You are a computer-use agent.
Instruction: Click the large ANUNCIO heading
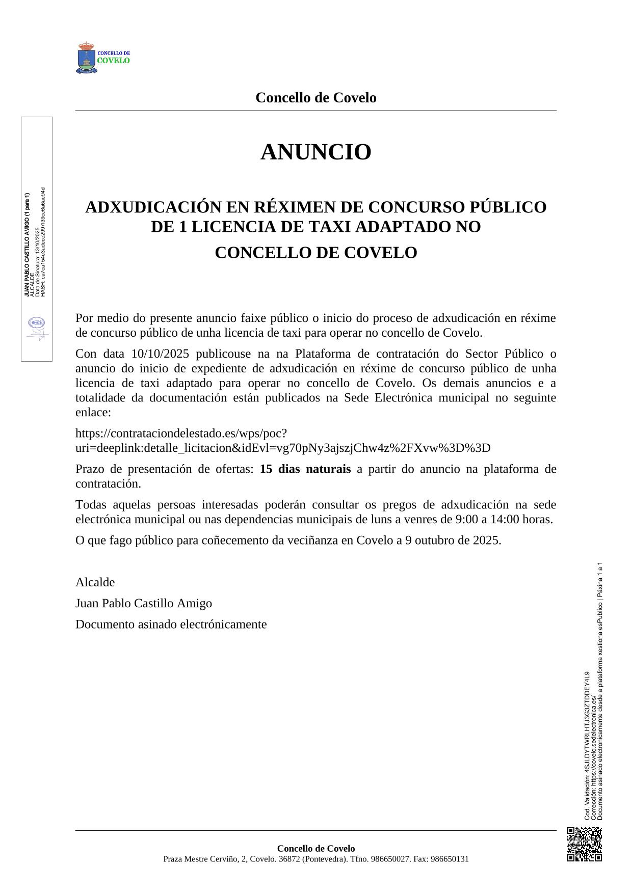coord(315,152)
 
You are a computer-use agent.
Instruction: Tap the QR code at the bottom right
coord(584,844)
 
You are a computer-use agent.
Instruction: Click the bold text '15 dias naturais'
coord(305,469)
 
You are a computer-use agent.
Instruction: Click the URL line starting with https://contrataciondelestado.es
coord(181,434)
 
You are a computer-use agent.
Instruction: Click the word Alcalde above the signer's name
coord(95,582)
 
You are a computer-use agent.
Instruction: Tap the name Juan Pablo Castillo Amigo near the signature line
coord(144,603)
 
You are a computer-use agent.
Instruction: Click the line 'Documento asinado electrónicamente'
coord(171,624)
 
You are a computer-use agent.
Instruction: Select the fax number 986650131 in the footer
coord(450,859)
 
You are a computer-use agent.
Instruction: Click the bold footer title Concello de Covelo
coord(315,848)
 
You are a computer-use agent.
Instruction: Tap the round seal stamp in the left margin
coord(36,323)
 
